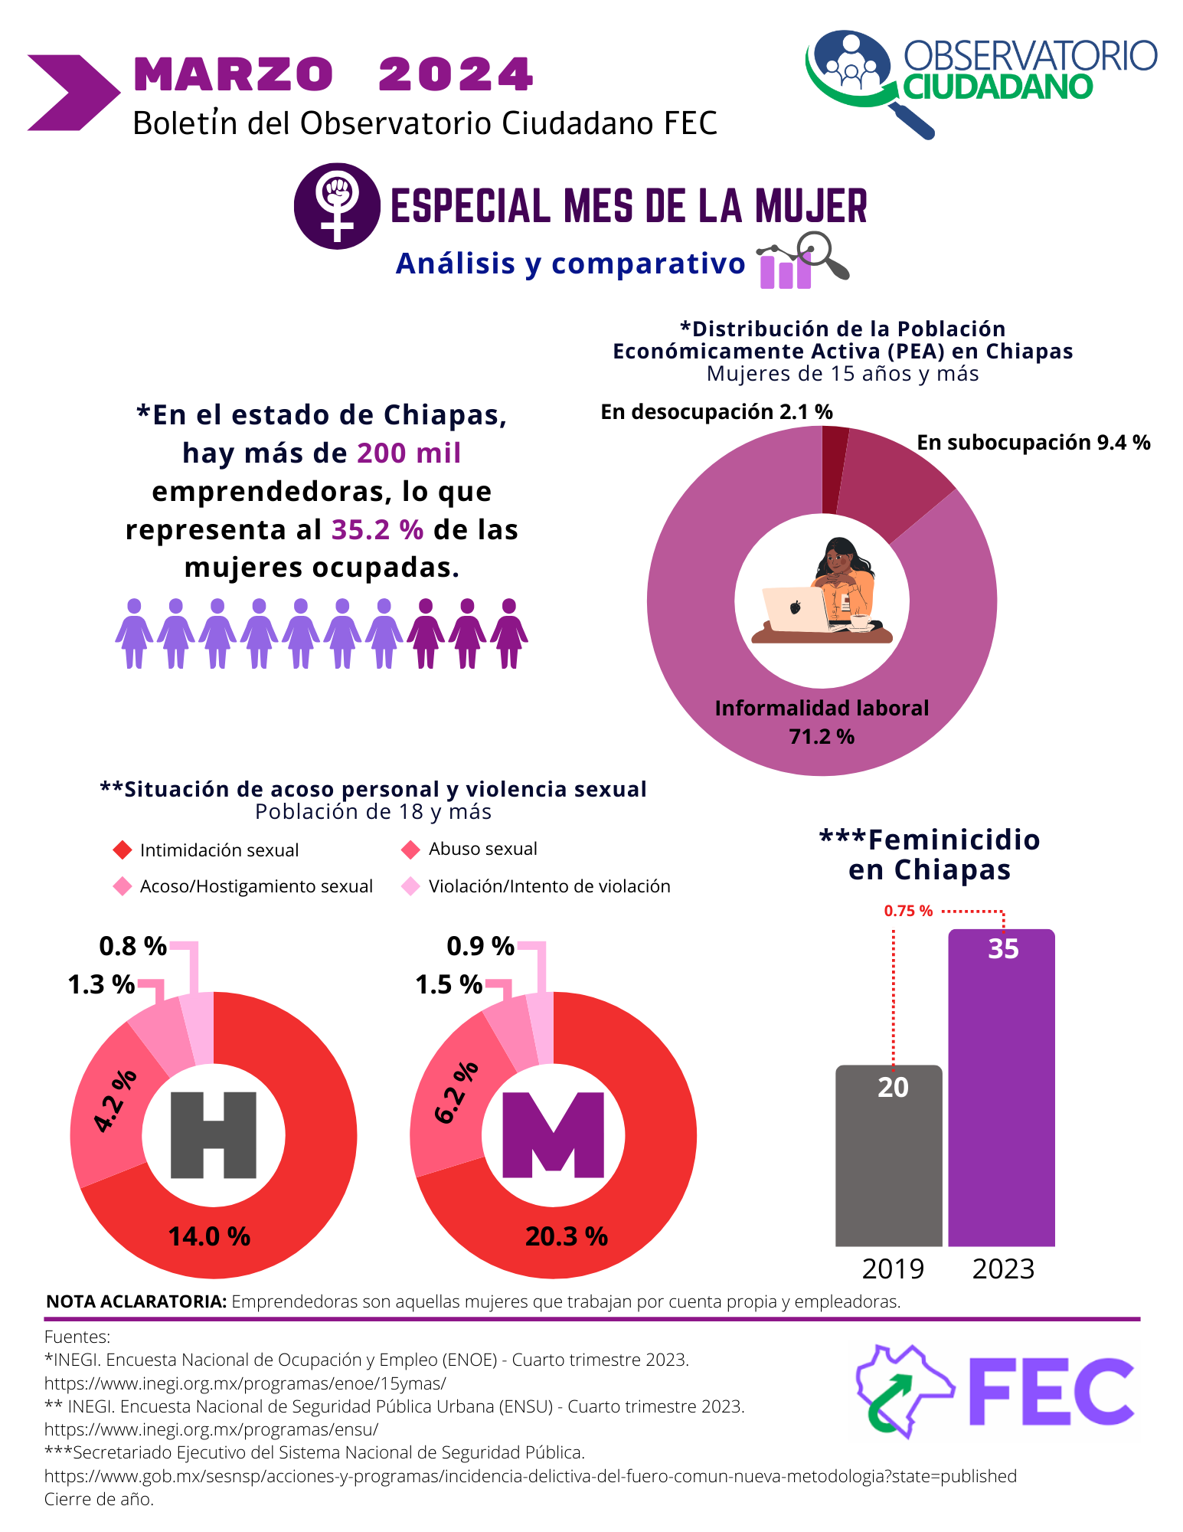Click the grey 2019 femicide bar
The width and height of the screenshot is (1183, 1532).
point(888,1157)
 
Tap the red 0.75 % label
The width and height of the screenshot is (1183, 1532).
point(908,911)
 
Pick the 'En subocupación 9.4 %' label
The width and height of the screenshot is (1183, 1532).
point(1033,443)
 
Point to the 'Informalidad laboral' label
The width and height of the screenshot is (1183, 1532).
point(822,709)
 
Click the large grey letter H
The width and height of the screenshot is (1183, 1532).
point(213,1135)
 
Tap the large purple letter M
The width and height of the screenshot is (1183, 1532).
point(553,1135)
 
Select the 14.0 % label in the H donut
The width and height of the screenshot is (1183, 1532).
point(209,1236)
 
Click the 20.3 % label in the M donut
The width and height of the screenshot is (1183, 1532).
point(567,1236)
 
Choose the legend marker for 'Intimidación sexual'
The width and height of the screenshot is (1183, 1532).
point(123,850)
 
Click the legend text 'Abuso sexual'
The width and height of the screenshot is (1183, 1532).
point(482,849)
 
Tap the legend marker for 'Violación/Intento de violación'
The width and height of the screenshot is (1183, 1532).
point(411,886)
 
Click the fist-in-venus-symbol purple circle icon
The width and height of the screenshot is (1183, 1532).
point(337,206)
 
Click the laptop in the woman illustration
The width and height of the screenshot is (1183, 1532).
point(795,608)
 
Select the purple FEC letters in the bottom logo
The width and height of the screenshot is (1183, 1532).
point(1051,1392)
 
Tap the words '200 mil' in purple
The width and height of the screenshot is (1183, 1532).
point(409,453)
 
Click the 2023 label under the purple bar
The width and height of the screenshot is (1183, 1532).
point(1003,1269)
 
